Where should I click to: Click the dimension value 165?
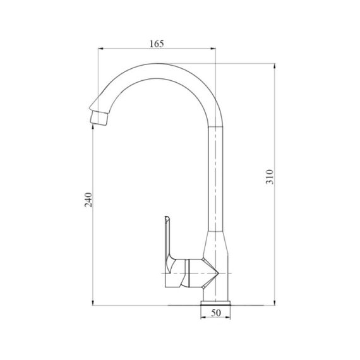tap(157, 44)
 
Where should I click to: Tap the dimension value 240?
tap(88, 199)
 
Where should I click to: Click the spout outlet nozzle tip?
tap(98, 117)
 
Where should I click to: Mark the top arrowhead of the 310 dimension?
tap(276, 65)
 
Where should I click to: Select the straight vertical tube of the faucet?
tap(216, 177)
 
